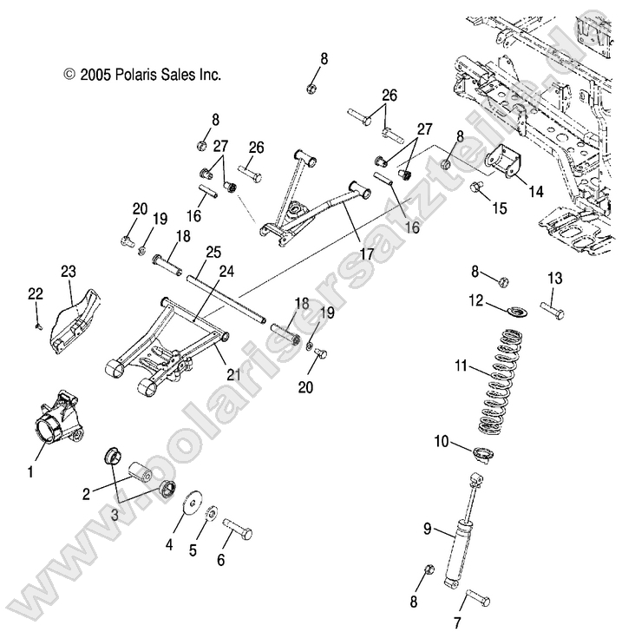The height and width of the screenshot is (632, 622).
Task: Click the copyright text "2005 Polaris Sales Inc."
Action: click(x=142, y=75)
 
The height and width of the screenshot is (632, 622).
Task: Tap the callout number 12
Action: click(x=476, y=300)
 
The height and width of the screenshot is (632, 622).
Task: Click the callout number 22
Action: click(x=35, y=295)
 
